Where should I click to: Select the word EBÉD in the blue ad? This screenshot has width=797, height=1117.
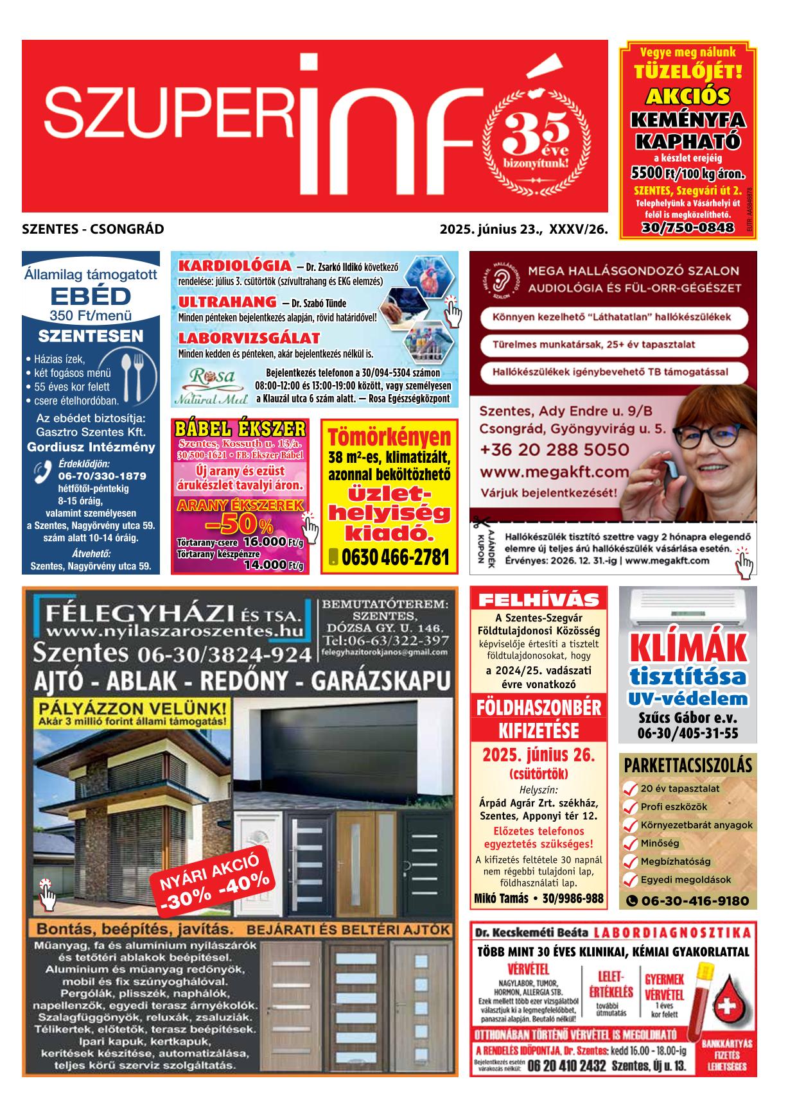pyautogui.click(x=91, y=297)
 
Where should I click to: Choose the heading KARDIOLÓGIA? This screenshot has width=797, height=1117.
pyautogui.click(x=234, y=266)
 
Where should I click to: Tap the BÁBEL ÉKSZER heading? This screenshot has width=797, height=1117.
pyautogui.click(x=240, y=429)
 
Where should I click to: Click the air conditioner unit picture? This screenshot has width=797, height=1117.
pyautogui.click(x=687, y=608)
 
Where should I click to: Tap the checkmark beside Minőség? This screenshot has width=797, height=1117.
pyautogui.click(x=630, y=844)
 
